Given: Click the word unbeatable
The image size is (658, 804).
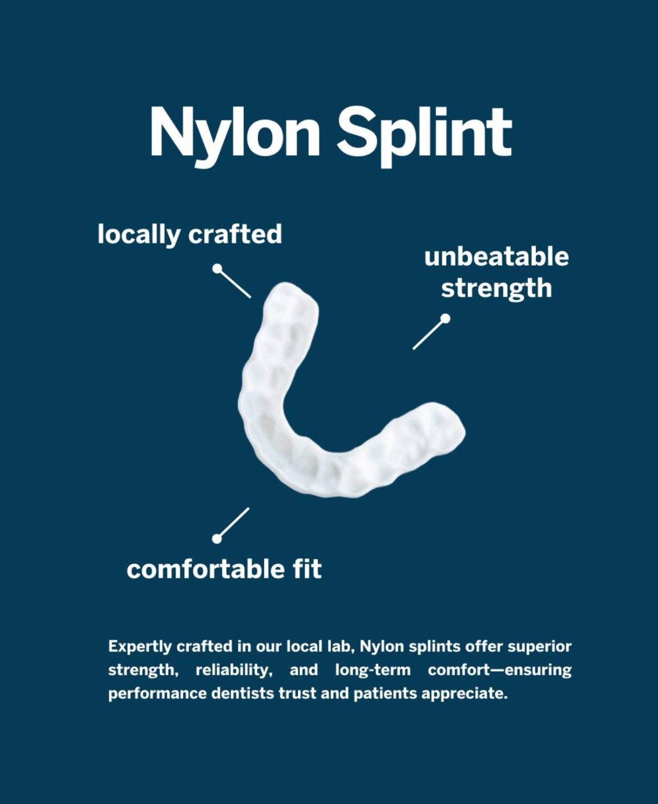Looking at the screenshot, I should (496, 257).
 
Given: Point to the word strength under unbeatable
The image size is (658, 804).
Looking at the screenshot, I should (496, 288).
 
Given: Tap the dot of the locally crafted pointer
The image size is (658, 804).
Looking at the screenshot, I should (217, 268).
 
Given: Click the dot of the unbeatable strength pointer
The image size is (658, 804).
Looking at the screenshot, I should (445, 318).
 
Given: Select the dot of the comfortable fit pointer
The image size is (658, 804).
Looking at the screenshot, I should (217, 539).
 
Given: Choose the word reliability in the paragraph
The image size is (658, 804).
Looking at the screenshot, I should (234, 670).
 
